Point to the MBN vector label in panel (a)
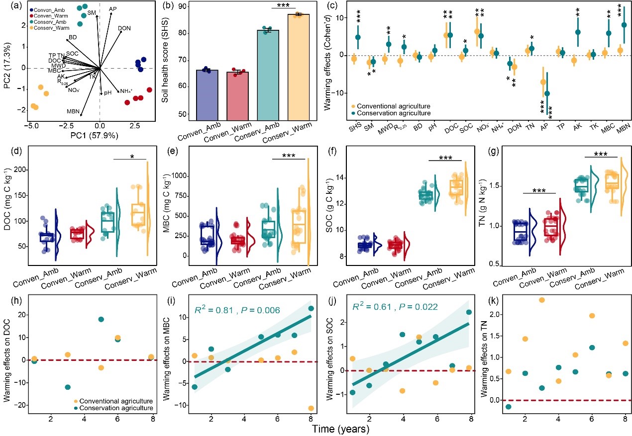[73, 111]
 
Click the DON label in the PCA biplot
[124, 28]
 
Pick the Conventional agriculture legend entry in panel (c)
[392, 106]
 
